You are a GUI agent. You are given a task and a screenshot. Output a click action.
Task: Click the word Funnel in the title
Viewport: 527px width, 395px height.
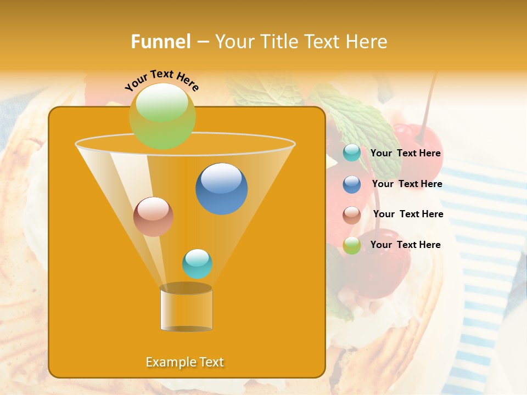tap(160, 42)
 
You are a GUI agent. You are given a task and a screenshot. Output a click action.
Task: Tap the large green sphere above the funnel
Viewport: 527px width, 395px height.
tap(162, 116)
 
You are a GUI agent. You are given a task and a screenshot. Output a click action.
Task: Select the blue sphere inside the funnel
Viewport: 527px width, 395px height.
tap(221, 189)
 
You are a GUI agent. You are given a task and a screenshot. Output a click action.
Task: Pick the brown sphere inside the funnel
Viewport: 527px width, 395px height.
tap(153, 217)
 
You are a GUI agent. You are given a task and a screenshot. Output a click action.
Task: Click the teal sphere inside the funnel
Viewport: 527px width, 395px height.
tap(197, 264)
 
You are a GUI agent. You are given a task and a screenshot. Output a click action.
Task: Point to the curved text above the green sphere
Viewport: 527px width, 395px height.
tap(161, 80)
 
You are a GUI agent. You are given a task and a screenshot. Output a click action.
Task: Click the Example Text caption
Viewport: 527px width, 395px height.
tap(185, 362)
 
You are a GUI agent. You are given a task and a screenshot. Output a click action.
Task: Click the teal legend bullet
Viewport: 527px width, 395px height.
tap(352, 153)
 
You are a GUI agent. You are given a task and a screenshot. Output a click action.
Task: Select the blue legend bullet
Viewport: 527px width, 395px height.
tap(352, 184)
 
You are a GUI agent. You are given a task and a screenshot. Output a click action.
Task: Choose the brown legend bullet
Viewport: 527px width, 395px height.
tap(352, 215)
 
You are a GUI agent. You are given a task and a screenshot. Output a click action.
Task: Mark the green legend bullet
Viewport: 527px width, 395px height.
tap(352, 245)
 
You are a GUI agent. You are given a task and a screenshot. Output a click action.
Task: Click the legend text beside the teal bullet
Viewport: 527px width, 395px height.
tap(405, 154)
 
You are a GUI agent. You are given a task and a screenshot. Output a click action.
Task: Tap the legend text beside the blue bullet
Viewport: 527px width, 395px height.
tap(407, 184)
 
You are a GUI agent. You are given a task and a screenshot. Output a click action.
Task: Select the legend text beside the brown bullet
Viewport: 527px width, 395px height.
tap(408, 215)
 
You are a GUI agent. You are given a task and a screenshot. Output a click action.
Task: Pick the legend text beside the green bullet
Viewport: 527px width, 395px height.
tap(405, 245)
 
